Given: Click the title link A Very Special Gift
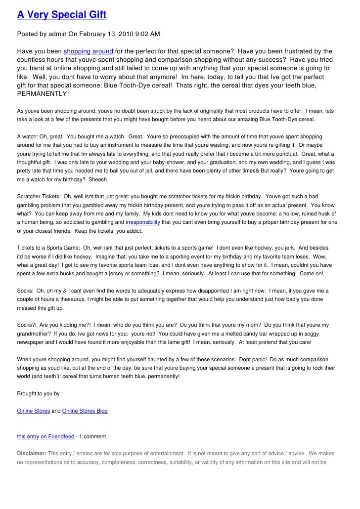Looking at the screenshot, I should [62, 15].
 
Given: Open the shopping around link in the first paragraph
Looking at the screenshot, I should [89, 51].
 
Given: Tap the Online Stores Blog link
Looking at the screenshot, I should [85, 411].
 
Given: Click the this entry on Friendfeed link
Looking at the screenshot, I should [45, 436].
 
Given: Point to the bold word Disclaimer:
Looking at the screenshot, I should [32, 453].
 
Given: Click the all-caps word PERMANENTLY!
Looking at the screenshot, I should [44, 93].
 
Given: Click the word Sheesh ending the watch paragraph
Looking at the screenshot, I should [98, 179].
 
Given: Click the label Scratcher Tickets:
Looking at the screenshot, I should [37, 196].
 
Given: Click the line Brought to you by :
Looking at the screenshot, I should [40, 394].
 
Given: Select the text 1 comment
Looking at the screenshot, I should [93, 436].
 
